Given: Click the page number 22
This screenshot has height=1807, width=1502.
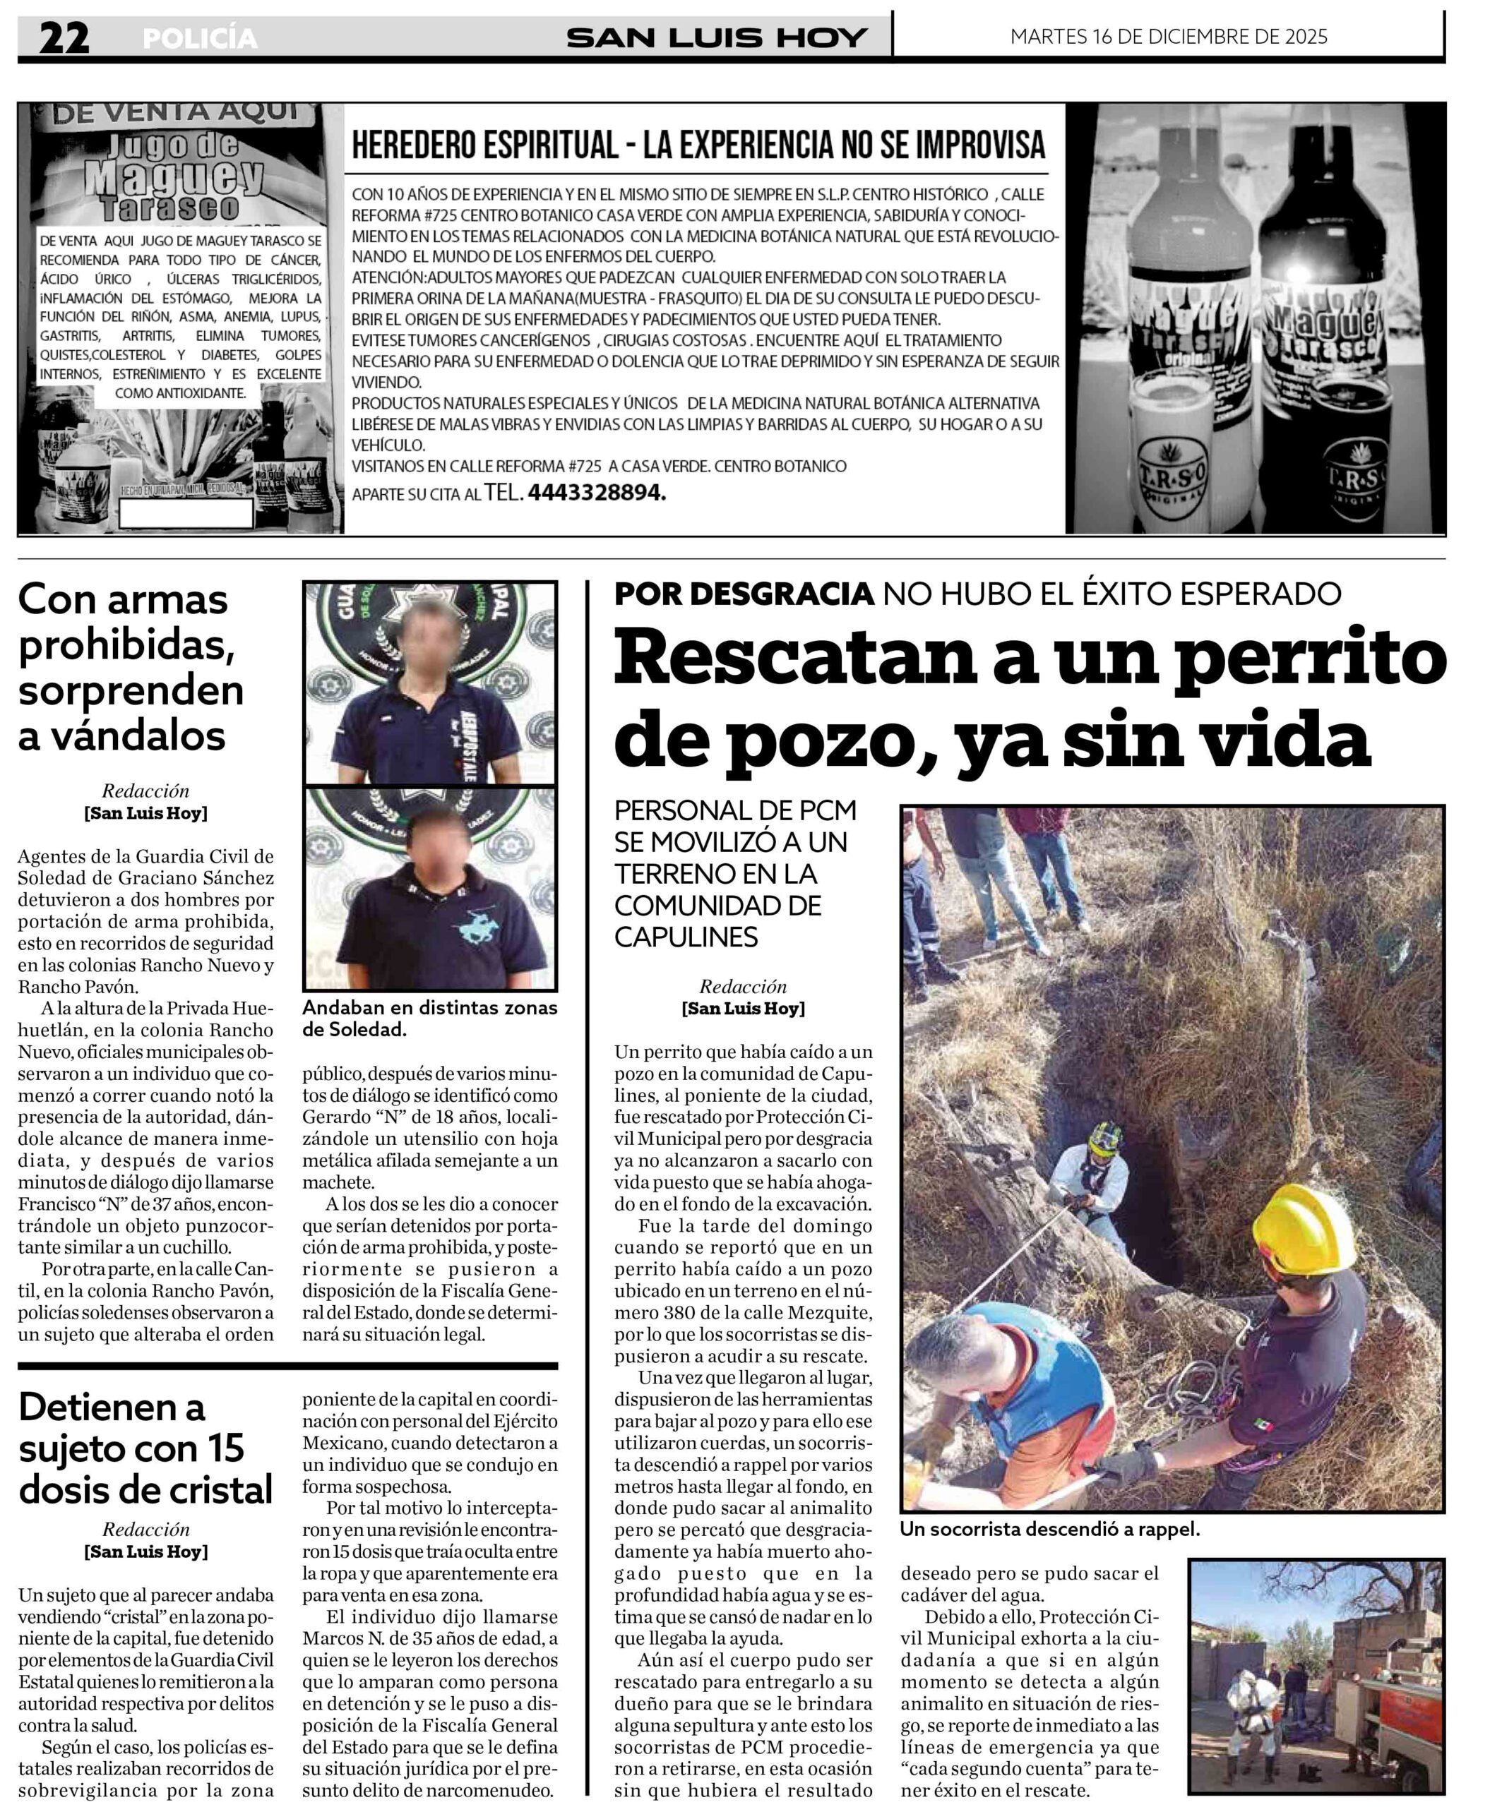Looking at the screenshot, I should [64, 38].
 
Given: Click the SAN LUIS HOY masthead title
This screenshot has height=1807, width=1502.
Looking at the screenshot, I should [716, 38].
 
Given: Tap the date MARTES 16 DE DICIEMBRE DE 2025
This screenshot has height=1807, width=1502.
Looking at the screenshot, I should [1168, 37].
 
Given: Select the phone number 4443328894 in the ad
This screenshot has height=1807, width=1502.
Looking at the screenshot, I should [597, 493].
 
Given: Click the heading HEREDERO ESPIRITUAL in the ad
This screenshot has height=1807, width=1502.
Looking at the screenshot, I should [484, 145].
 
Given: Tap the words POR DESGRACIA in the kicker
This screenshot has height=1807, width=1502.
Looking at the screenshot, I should [744, 593].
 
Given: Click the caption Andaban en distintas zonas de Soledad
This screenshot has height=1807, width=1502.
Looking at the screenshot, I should [429, 1018].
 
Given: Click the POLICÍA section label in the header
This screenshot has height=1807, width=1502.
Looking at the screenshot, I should [200, 39].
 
